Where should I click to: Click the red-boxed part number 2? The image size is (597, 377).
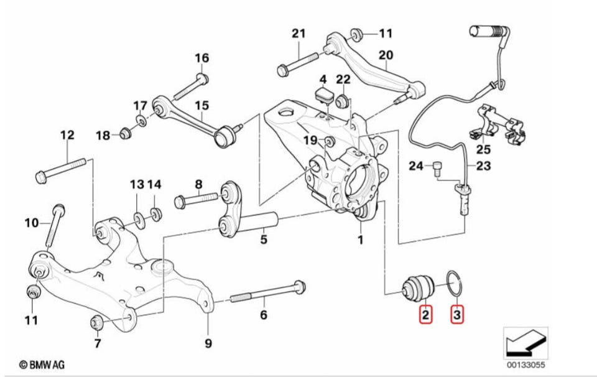pyautogui.click(x=425, y=315)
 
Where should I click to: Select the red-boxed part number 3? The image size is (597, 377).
pyautogui.click(x=457, y=315)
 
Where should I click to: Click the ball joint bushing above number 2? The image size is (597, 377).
pyautogui.click(x=418, y=287)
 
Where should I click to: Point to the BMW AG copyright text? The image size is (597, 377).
pyautogui.click(x=42, y=365)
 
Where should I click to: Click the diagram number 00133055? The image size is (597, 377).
pyautogui.click(x=525, y=365)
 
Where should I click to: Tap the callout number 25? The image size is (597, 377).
pyautogui.click(x=484, y=149)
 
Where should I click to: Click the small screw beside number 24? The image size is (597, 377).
pyautogui.click(x=437, y=167)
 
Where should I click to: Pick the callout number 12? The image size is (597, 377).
pyautogui.click(x=67, y=135)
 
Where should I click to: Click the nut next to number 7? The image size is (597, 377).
pyautogui.click(x=96, y=322)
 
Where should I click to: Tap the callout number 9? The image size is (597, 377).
pyautogui.click(x=208, y=343)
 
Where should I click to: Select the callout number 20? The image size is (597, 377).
pyautogui.click(x=386, y=55)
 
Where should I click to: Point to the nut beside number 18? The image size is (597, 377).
pyautogui.click(x=125, y=133)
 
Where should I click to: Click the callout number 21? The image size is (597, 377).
pyautogui.click(x=299, y=34)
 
